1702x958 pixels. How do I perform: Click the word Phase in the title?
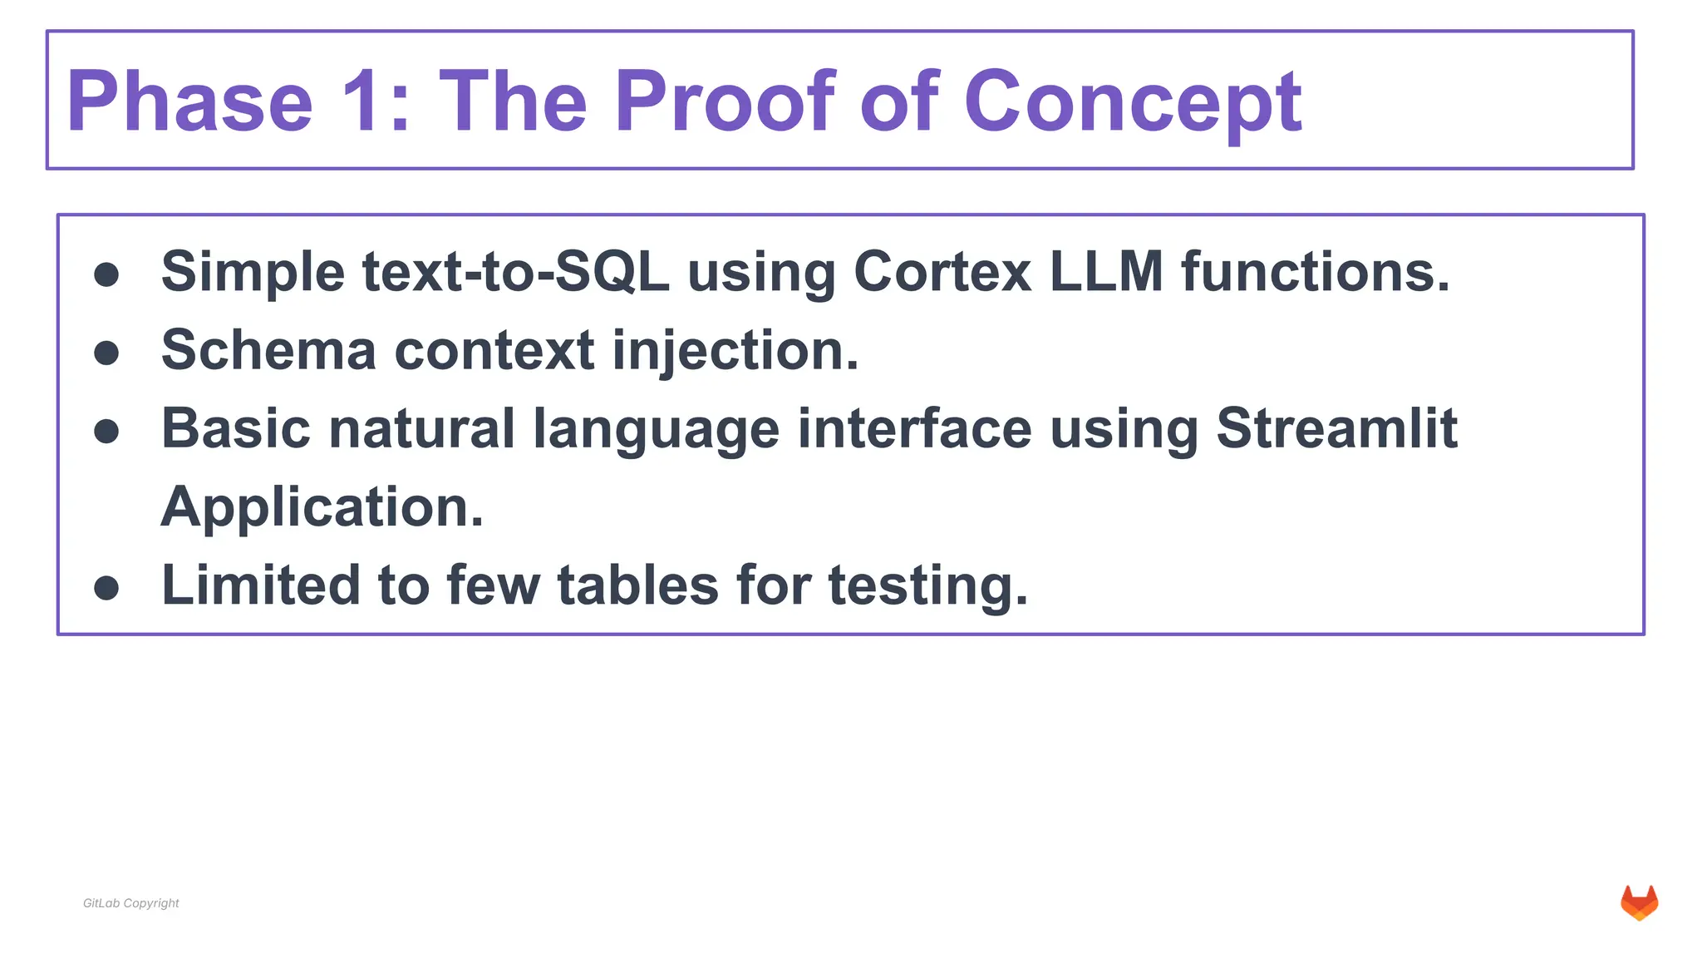point(189,101)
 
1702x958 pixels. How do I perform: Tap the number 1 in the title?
point(363,101)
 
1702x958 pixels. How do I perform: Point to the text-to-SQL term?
point(516,272)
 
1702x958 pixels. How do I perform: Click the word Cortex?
point(942,272)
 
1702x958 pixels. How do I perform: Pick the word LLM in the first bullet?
point(1106,272)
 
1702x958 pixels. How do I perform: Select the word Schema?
point(268,350)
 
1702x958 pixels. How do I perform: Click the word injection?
point(735,352)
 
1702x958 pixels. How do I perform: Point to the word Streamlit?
point(1336,428)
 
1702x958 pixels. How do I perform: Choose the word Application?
point(322,507)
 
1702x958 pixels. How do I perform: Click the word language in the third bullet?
point(656,430)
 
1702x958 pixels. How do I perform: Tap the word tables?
point(637,585)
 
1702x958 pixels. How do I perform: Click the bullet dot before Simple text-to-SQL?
point(106,275)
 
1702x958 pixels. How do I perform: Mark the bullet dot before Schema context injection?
point(106,353)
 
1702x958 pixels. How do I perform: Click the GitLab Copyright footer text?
point(131,903)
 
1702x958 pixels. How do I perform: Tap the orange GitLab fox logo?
point(1639,903)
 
